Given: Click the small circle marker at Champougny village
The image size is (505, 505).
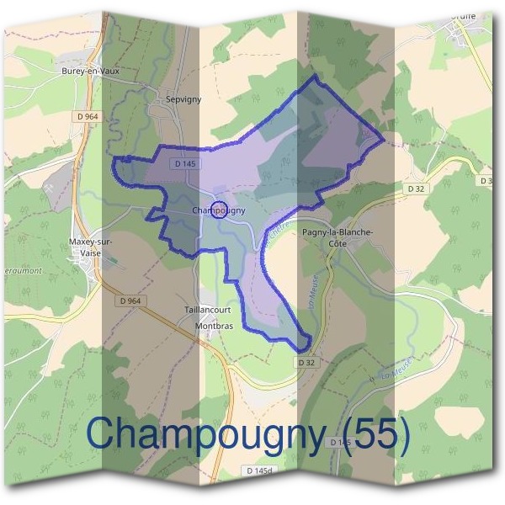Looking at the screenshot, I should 217,210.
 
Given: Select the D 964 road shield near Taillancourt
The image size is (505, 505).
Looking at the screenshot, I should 130,300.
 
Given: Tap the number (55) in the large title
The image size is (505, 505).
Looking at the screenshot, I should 369,433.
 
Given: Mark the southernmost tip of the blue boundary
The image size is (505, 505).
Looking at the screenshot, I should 303,350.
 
